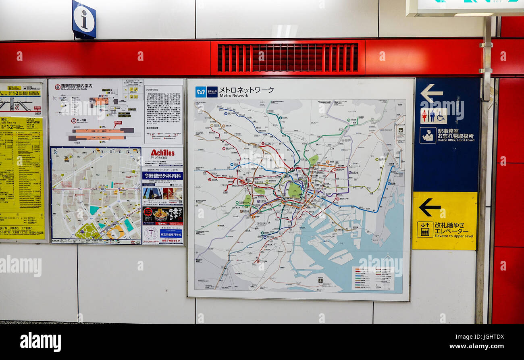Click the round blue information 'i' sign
pos(84,19)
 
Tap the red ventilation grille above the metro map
pos(287,58)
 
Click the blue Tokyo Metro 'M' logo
pos(201,92)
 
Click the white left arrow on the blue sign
pos(431,93)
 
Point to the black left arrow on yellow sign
pos(429,207)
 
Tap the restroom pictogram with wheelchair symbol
pos(433,116)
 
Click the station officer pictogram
pos(427,135)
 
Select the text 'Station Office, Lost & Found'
pos(455,141)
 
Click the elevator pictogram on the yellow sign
pos(425,229)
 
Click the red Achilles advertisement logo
pos(162,153)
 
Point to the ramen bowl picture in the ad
pos(161,214)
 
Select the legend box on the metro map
pos(373,278)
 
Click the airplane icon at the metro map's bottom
pos(320,280)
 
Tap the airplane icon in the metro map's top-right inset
pos(400,130)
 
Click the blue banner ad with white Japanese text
pos(162,176)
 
